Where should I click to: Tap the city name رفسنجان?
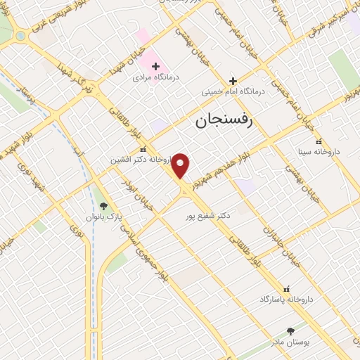coord(229,122)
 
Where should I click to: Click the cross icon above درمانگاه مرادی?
coord(156,66)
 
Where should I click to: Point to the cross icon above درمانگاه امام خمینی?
coord(233,81)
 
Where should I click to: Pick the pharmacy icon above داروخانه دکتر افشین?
coord(143,150)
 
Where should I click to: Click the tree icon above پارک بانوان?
coord(104,206)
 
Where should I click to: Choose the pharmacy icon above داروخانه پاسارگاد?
coord(285,289)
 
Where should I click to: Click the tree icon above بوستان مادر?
coord(290,330)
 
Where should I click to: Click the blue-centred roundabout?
coord(20,35)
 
